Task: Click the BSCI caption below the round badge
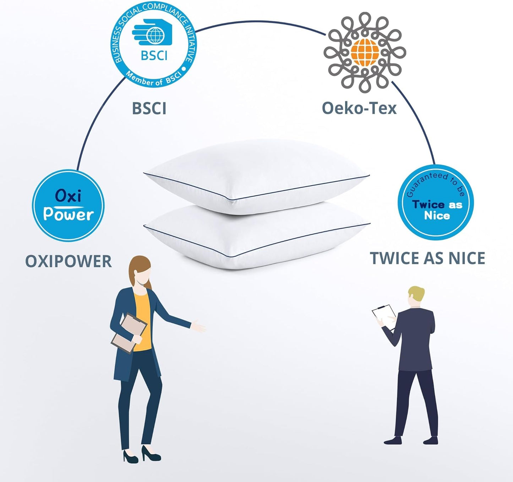click(149, 108)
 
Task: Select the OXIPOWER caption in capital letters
click(69, 261)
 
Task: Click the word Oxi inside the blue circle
click(68, 196)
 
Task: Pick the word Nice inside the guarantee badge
click(437, 215)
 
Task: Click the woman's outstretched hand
click(198, 326)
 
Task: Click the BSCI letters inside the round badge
click(154, 55)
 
